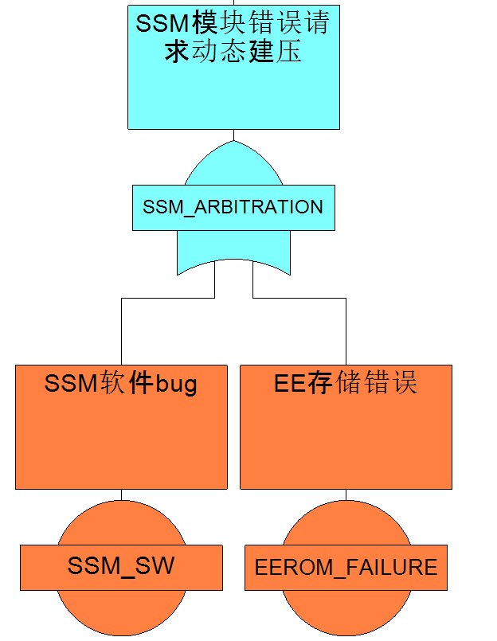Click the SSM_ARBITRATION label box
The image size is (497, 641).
click(233, 208)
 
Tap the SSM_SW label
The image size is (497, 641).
click(121, 566)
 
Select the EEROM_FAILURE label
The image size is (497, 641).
click(346, 568)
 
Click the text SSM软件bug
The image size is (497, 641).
click(121, 384)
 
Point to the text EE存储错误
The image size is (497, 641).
click(346, 384)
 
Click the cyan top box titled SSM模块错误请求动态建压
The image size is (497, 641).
click(233, 88)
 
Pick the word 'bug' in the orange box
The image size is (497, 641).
click(176, 385)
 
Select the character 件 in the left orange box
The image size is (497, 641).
click(141, 384)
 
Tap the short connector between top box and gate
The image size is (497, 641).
click(233, 135)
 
